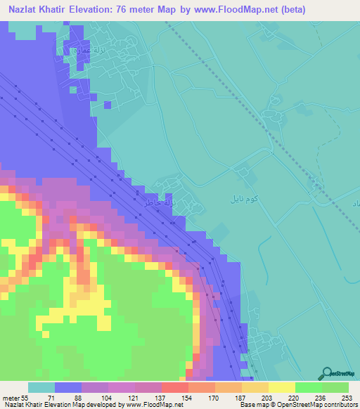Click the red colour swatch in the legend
[174, 387]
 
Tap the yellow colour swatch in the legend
[281, 387]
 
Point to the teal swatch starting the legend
[41, 387]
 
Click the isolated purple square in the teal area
[107, 105]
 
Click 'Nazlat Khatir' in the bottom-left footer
[24, 405]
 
